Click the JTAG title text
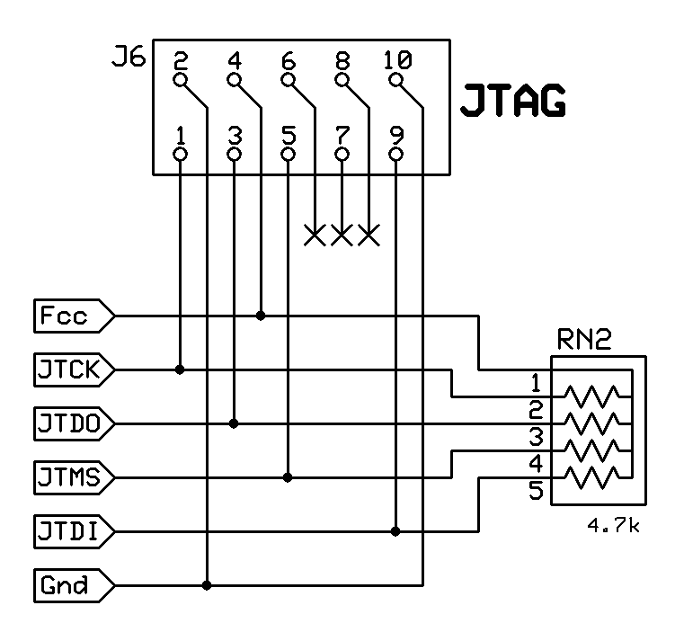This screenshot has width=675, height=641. click(x=513, y=102)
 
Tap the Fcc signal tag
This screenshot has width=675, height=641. click(x=72, y=316)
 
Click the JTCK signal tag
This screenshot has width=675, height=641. click(x=72, y=369)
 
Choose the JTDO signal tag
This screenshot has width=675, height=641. click(x=72, y=423)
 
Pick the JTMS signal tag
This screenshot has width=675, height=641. click(x=72, y=476)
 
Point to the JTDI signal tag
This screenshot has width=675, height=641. click(x=72, y=531)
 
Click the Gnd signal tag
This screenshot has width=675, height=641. click(x=72, y=585)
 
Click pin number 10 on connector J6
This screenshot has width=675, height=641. click(x=396, y=61)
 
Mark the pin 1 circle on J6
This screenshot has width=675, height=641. click(x=181, y=155)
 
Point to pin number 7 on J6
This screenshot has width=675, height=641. click(x=342, y=135)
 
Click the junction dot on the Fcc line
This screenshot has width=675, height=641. click(x=261, y=316)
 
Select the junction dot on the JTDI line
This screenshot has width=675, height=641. click(x=396, y=531)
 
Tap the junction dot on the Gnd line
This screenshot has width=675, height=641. click(x=208, y=585)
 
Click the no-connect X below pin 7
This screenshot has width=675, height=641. click(x=342, y=236)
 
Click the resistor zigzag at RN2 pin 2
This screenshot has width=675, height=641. click(x=591, y=423)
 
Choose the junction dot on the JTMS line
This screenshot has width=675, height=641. click(x=289, y=476)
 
